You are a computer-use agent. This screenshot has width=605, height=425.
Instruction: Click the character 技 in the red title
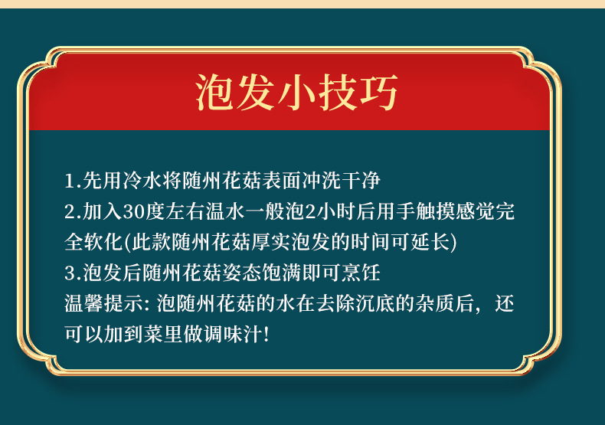click(x=337, y=92)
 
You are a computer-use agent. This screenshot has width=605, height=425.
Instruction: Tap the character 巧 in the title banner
click(x=378, y=92)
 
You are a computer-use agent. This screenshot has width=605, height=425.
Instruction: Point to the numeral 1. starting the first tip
click(x=73, y=181)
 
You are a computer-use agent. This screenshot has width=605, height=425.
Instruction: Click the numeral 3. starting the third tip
click(x=73, y=273)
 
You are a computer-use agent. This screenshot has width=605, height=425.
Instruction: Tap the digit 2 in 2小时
click(x=310, y=211)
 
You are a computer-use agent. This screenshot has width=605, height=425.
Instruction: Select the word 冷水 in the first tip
click(x=142, y=181)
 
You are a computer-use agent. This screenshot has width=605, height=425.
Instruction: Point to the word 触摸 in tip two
click(x=436, y=211)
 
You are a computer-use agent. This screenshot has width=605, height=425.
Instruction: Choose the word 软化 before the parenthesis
click(x=103, y=242)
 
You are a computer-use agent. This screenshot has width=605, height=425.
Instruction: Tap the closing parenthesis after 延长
click(x=453, y=243)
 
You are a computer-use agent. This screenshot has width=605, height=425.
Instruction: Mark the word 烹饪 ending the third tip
click(x=361, y=273)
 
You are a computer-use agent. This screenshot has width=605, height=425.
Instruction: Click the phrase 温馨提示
click(x=104, y=303)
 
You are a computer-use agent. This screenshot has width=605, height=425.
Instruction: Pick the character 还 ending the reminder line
click(x=505, y=303)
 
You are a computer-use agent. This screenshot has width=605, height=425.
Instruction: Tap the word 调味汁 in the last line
click(x=223, y=334)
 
